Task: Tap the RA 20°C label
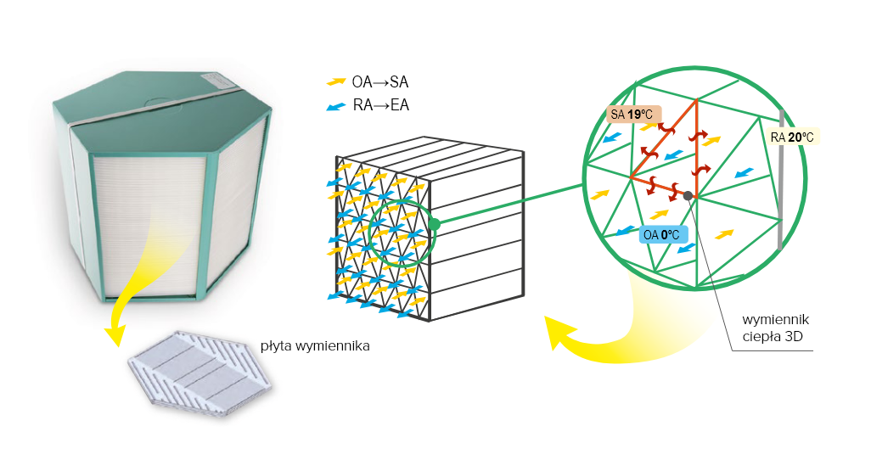[797, 136]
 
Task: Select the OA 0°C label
[661, 235]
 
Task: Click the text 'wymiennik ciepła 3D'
[773, 328]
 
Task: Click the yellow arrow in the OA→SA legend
[336, 82]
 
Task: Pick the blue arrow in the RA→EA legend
[336, 107]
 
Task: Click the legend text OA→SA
[380, 83]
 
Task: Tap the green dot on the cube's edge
[434, 224]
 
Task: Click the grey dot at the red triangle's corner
[688, 196]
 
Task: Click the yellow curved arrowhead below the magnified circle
[558, 333]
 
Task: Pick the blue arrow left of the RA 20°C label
[744, 173]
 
